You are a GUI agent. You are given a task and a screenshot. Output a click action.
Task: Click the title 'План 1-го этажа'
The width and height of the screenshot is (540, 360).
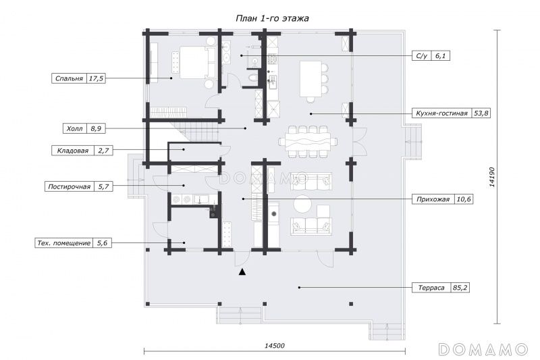pos(272,18)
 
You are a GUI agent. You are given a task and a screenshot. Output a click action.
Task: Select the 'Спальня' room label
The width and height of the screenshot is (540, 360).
pos(70,78)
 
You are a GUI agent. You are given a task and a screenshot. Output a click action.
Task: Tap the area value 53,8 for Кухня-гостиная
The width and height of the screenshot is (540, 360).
pos(481,113)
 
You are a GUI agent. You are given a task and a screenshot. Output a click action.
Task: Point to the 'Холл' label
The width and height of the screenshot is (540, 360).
pos(74,128)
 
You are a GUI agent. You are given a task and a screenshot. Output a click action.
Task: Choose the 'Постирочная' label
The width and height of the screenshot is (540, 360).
pos(70,186)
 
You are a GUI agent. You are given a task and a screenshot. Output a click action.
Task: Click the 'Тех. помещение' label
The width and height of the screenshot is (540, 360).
pos(63,243)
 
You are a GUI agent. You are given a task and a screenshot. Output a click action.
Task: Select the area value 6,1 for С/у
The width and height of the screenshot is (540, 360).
pos(441,55)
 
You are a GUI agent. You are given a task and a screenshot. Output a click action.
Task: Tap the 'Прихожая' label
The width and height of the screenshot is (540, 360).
pos(433,199)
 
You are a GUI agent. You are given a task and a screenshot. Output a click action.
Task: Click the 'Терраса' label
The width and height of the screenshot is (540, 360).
pos(431,287)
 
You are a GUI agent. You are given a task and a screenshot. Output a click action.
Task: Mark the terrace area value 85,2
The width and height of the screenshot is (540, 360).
pos(460,287)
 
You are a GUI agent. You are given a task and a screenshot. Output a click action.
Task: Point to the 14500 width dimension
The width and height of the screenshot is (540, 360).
pos(275,346)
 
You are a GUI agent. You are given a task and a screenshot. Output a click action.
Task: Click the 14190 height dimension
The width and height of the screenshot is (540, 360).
pos(492,177)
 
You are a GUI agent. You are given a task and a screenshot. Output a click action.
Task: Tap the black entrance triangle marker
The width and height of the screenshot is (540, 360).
pos(243,272)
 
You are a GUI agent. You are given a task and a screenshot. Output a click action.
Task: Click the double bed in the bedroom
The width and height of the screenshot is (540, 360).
pos(194,62)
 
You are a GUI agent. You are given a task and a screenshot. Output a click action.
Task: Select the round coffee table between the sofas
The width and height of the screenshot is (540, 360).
pos(302,203)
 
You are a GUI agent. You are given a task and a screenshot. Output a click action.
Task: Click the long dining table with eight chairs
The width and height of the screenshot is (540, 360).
pos(308,142)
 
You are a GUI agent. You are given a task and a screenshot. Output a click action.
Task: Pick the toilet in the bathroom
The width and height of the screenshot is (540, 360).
pos(252,76)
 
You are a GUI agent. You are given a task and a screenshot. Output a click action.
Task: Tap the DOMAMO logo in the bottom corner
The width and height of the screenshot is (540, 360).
pos(483,349)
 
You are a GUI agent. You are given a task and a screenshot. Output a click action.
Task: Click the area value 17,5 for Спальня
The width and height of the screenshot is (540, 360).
pos(96,78)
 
